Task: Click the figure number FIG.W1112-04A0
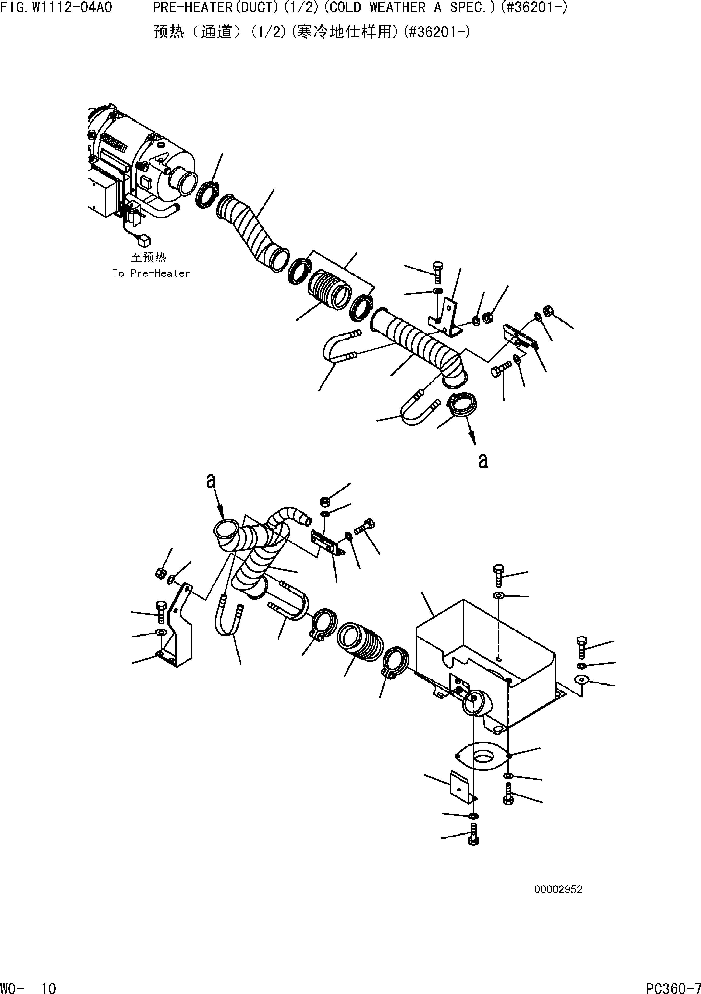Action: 56,7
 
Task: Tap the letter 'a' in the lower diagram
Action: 211,480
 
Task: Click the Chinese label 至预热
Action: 148,258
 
